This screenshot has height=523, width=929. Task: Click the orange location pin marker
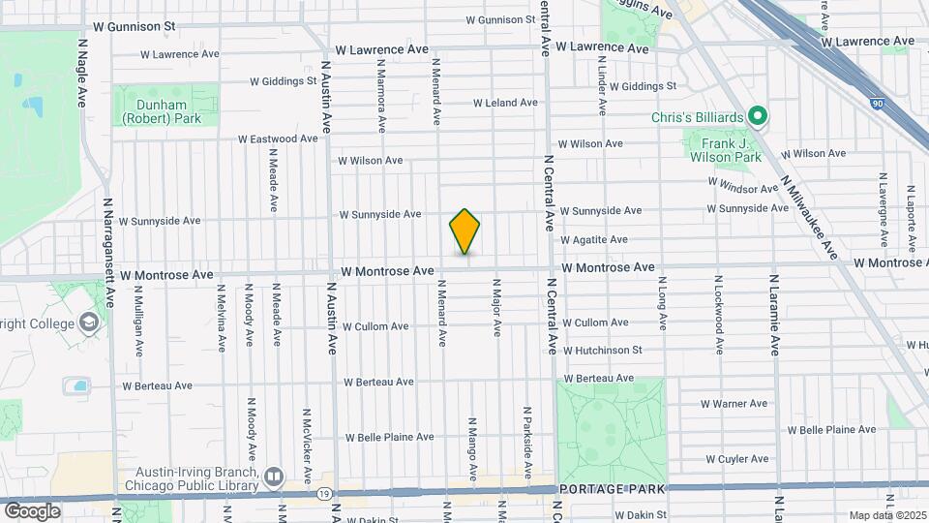pyautogui.click(x=464, y=231)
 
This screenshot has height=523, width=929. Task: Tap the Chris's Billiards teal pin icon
pyautogui.click(x=759, y=117)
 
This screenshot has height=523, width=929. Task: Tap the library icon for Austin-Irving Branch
pyautogui.click(x=274, y=476)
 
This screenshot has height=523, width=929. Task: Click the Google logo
pyautogui.click(x=32, y=510)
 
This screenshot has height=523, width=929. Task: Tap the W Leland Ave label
pyautogui.click(x=505, y=103)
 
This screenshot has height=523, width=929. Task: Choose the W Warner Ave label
pyautogui.click(x=734, y=403)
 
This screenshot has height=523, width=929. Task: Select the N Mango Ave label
pyautogui.click(x=472, y=448)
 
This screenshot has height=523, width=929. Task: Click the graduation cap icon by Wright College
pyautogui.click(x=88, y=321)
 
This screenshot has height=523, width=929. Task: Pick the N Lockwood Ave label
pyautogui.click(x=718, y=317)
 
